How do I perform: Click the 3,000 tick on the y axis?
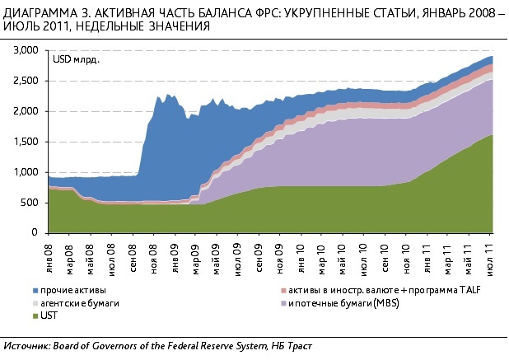click(x=26, y=50)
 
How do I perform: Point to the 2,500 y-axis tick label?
click(x=26, y=81)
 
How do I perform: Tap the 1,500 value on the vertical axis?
click(x=26, y=142)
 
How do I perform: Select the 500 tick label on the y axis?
click(x=31, y=203)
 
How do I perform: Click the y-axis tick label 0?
click(x=37, y=233)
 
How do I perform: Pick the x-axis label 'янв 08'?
click(x=51, y=253)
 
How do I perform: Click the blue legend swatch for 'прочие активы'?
click(x=35, y=291)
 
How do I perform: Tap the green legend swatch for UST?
click(x=35, y=316)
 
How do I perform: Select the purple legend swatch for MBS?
click(x=285, y=303)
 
